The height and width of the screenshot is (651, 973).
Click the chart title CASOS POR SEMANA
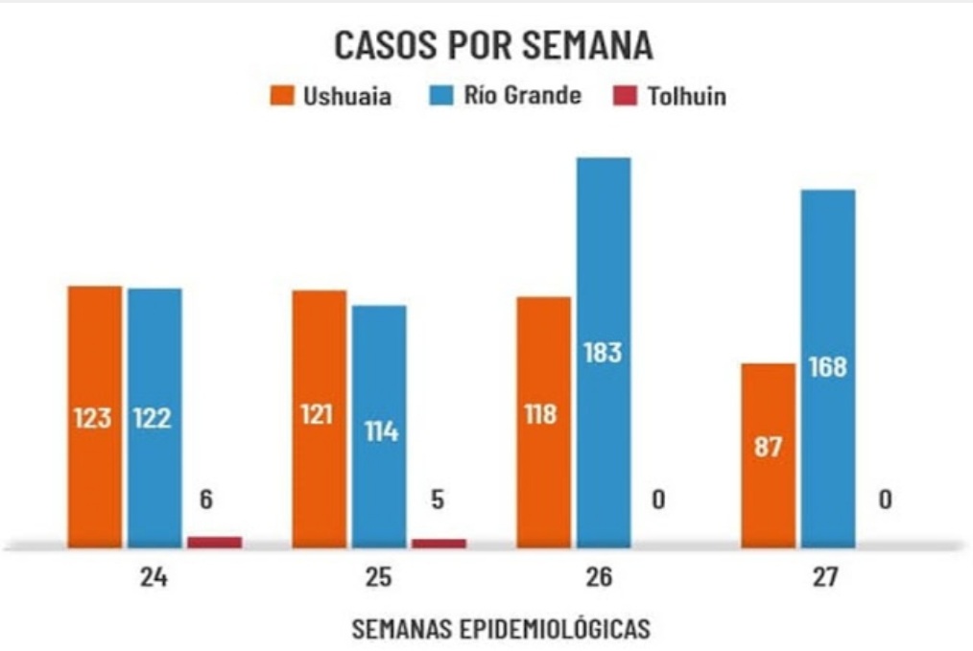(493, 45)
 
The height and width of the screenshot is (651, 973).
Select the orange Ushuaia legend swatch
(281, 96)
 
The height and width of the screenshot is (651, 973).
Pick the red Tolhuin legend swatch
(624, 96)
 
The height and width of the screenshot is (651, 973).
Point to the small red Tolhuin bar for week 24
(214, 542)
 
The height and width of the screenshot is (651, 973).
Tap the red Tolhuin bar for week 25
(439, 543)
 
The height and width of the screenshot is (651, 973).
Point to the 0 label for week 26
(658, 500)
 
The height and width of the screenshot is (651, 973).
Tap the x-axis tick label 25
(378, 578)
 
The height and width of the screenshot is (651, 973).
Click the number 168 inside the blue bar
(827, 367)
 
